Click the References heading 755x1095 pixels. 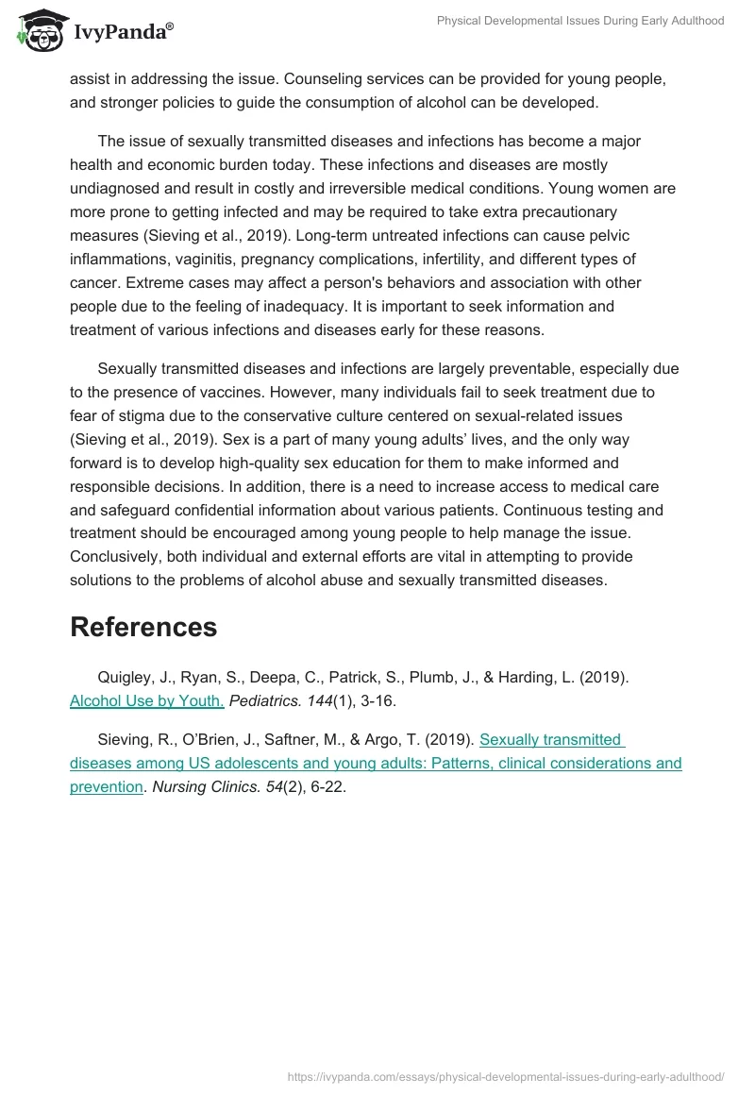click(143, 627)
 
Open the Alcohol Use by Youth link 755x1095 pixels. click(146, 700)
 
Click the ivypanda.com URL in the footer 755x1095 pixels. click(505, 1075)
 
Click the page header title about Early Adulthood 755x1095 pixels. click(579, 21)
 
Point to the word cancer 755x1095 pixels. click(93, 282)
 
